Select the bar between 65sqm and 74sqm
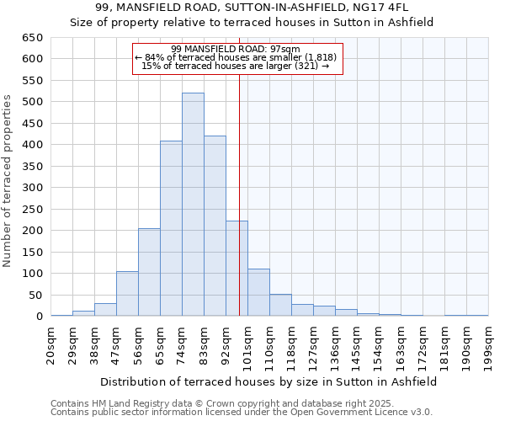pos(171,228)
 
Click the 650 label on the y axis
pos(32,38)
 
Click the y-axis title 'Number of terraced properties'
pos(8,181)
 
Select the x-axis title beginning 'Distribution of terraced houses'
pos(268,381)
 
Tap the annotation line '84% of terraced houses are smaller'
pos(237,57)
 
